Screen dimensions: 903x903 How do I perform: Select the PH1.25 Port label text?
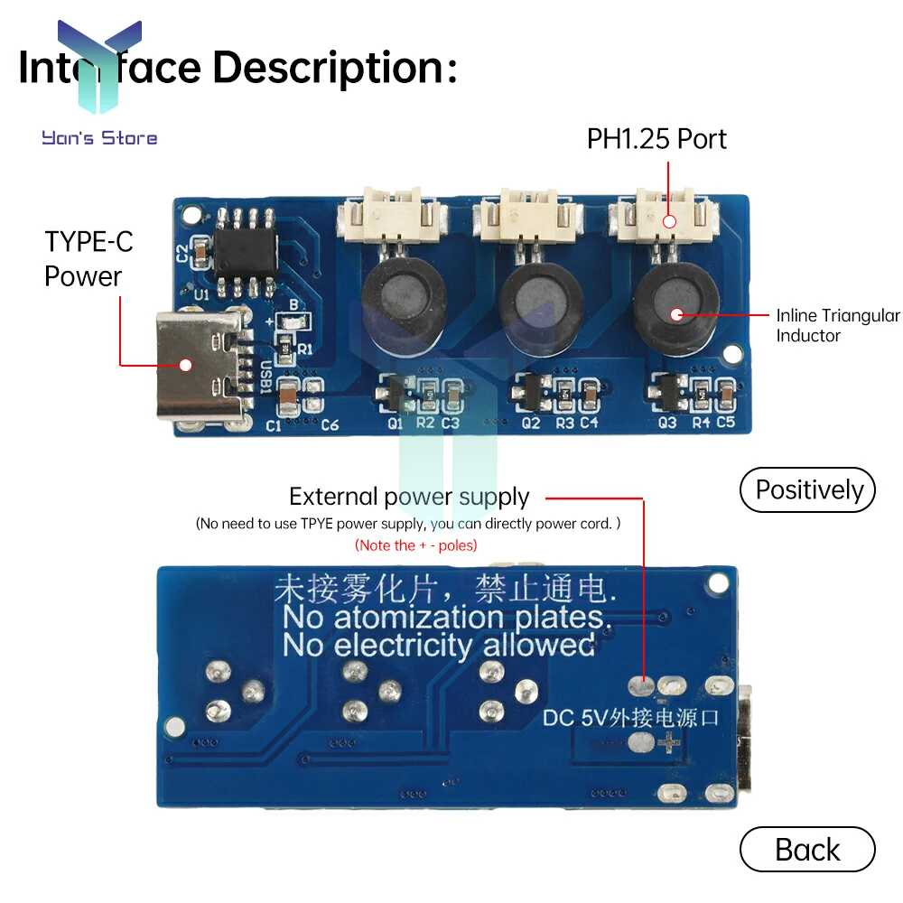click(656, 139)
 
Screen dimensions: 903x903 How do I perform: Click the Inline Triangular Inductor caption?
click(837, 325)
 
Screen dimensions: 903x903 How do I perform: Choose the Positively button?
click(807, 489)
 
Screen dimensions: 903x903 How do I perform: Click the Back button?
click(807, 850)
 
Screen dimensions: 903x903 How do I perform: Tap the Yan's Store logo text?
click(99, 138)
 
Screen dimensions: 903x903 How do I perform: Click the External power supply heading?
click(409, 497)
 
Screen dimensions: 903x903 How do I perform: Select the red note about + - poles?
click(415, 545)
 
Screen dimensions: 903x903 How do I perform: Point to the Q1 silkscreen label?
click(396, 423)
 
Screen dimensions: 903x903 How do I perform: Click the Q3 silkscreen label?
click(667, 423)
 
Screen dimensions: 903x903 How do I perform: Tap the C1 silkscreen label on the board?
click(274, 426)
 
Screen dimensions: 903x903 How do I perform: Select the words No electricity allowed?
click(438, 646)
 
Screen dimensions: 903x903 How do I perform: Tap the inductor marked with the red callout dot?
click(675, 312)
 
